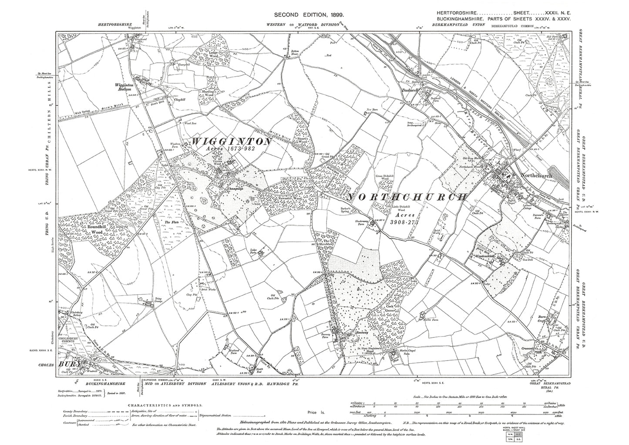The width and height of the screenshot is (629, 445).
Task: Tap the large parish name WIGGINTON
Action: click(x=229, y=142)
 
